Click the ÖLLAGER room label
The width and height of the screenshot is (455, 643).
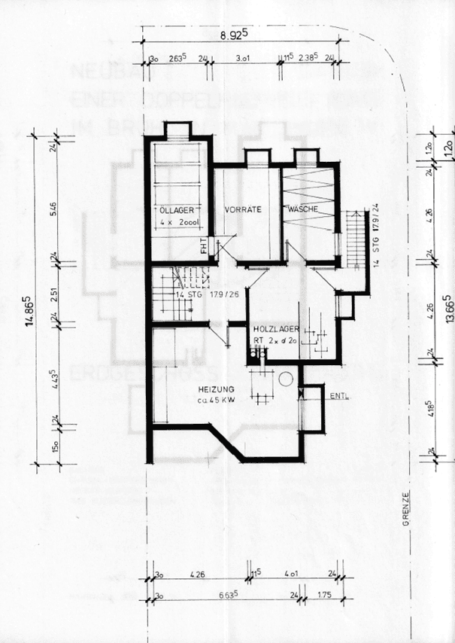tap(175, 209)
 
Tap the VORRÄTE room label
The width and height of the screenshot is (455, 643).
tap(242, 209)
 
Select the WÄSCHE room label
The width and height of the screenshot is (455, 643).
tap(303, 209)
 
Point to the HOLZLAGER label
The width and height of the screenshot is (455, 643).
tap(277, 329)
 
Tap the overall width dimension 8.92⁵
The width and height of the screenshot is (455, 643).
tap(235, 35)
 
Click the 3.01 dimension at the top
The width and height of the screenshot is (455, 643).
tap(242, 57)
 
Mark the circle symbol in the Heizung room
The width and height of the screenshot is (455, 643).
tap(285, 380)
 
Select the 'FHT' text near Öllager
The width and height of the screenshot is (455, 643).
tap(203, 245)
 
